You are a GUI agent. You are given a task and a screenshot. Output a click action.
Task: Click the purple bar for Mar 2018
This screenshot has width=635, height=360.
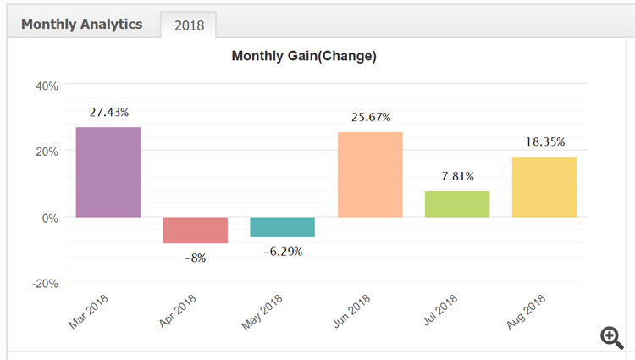click(108, 172)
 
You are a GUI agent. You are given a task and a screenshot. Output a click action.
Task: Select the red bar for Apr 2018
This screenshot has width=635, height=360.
click(195, 230)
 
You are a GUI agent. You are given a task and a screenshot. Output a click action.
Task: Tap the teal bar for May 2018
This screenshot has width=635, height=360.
click(282, 226)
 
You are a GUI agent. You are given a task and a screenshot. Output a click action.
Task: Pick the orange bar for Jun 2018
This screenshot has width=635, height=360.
click(370, 174)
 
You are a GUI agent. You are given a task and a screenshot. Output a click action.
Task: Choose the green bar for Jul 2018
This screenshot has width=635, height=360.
click(457, 204)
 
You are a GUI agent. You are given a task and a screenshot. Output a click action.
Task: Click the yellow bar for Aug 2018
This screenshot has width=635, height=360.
click(544, 186)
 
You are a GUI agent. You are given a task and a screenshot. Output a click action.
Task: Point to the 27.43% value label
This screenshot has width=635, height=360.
click(108, 112)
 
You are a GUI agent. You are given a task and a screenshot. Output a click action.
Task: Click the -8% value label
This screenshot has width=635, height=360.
click(195, 257)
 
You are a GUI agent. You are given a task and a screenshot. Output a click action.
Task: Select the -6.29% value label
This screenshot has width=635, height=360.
click(282, 251)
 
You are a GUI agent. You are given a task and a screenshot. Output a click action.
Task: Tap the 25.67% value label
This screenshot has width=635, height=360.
click(370, 117)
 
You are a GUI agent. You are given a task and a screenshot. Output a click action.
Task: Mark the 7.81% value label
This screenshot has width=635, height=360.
click(457, 176)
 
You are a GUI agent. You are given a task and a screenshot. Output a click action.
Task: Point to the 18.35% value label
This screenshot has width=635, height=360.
click(544, 141)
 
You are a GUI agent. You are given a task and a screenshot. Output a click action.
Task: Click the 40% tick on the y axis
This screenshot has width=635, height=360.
click(46, 85)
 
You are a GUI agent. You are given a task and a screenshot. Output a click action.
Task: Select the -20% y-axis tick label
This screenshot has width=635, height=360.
click(44, 283)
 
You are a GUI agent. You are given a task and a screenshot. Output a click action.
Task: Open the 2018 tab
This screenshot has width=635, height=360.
click(189, 25)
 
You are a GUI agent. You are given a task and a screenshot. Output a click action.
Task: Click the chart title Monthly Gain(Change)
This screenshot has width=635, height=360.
click(304, 56)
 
